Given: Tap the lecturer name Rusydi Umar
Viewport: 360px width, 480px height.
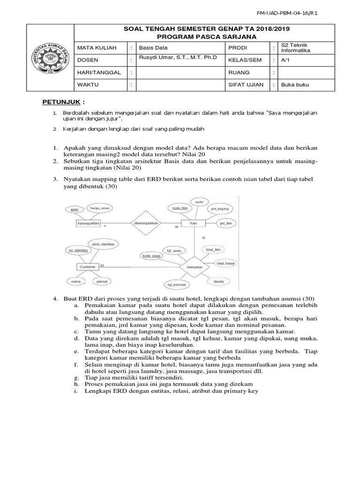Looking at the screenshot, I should (x=178, y=58).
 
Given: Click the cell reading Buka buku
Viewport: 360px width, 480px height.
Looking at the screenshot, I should (x=295, y=85).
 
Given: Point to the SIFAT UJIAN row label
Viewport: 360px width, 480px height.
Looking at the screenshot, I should (x=246, y=85).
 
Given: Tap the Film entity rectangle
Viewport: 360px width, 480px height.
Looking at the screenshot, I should (x=193, y=224).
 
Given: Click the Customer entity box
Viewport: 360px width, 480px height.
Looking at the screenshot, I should (x=87, y=267).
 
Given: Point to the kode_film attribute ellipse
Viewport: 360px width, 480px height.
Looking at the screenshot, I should (x=180, y=208).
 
